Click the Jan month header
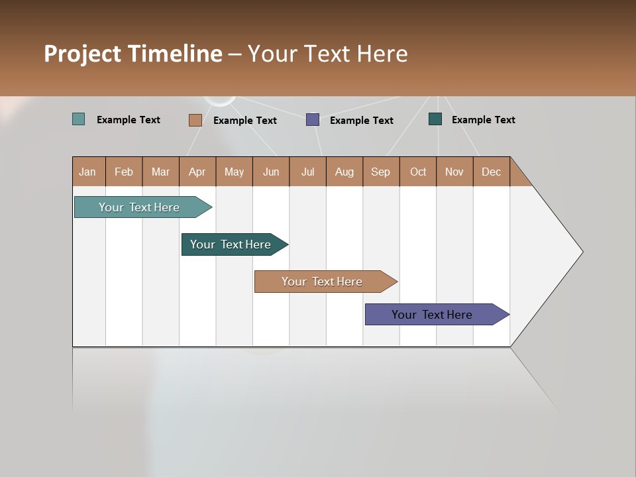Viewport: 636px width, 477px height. (87, 172)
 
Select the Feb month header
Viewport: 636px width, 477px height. (124, 172)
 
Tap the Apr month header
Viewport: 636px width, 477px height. (197, 172)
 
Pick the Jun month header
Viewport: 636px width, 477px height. (271, 172)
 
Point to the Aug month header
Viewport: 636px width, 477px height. (344, 172)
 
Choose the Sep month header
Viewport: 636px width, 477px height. (380, 172)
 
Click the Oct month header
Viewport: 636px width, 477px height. (418, 172)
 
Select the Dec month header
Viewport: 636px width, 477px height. (491, 172)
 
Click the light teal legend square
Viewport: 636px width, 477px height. (79, 119)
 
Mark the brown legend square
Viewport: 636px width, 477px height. (195, 120)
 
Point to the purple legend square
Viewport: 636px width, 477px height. (313, 120)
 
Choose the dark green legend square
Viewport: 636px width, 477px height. (435, 119)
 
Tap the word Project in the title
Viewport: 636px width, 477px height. (83, 54)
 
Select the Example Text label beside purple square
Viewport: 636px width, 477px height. (361, 121)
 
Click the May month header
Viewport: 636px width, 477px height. (234, 172)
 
